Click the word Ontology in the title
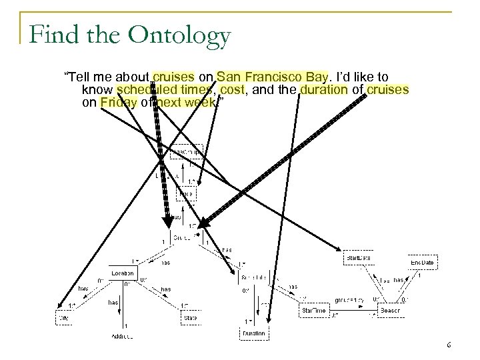point(181,35)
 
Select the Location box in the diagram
point(123,273)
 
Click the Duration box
point(253,333)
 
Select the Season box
point(389,310)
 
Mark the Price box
point(186,194)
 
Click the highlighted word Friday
point(119,102)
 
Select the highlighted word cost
point(235,89)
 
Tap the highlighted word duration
point(323,89)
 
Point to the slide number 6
point(449,345)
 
